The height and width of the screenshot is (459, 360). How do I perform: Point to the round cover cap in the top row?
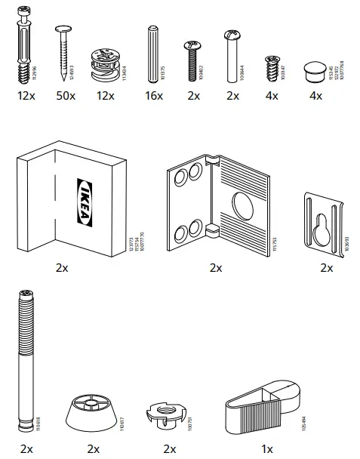(x=313, y=68)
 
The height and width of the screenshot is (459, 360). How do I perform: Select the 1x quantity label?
(x=266, y=448)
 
